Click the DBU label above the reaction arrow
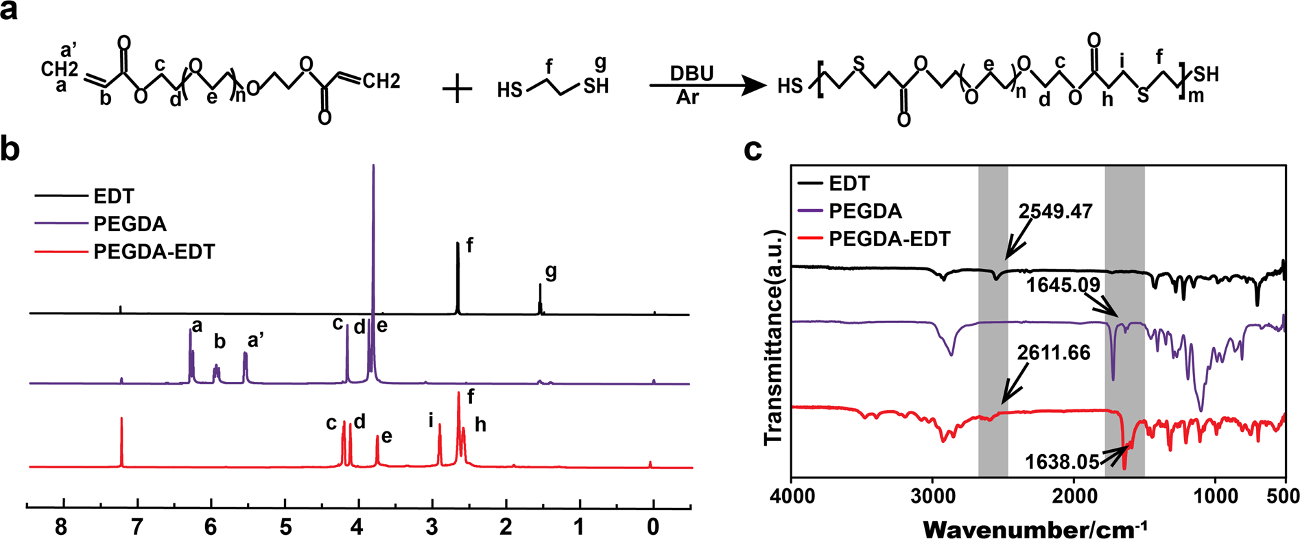click(x=692, y=73)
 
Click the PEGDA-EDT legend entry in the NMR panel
click(x=154, y=252)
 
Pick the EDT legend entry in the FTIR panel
click(x=849, y=183)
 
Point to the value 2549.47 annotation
click(x=1055, y=211)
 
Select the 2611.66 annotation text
click(x=1054, y=352)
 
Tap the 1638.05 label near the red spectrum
click(x=1062, y=462)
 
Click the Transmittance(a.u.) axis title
click(x=773, y=336)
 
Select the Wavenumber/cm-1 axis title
click(x=1035, y=529)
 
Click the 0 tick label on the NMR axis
click(x=653, y=527)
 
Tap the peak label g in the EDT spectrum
click(x=551, y=272)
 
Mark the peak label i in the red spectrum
click(x=432, y=420)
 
